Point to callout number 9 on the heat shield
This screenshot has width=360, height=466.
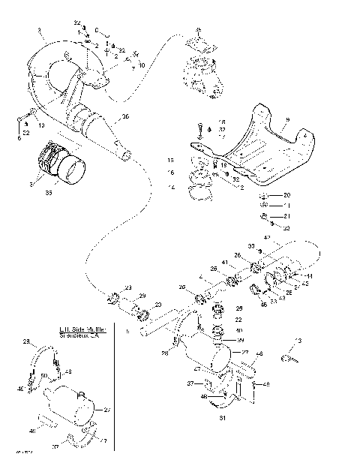coord(286,120)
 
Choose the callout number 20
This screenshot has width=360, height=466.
coord(286,195)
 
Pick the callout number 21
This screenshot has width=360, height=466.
coord(286,216)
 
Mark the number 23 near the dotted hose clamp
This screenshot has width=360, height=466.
coord(128,287)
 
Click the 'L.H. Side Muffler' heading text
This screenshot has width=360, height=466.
coord(83,329)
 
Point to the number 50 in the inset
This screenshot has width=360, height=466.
coord(43,375)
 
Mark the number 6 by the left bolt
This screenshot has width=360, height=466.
coord(19,137)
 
